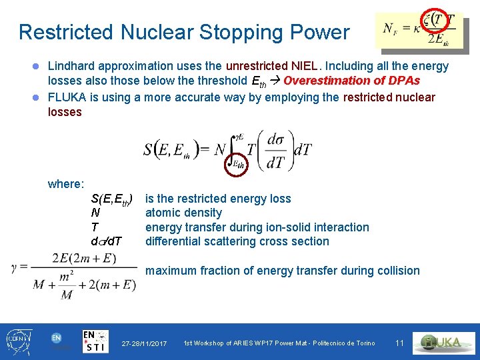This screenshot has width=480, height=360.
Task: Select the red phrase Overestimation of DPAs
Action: tap(351, 81)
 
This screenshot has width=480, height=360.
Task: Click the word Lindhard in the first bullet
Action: tap(71, 66)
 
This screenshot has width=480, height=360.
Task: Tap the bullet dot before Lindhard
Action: tap(38, 67)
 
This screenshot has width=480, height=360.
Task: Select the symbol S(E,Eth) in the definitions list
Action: tap(111, 199)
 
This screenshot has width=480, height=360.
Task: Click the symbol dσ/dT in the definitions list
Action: tap(106, 241)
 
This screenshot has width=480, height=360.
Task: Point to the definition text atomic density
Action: tap(183, 213)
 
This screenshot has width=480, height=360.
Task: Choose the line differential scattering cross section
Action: tap(237, 241)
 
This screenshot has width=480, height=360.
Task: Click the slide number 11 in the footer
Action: tap(399, 343)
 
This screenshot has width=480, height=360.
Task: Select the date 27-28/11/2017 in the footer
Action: tap(144, 343)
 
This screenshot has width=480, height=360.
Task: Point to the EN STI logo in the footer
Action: tap(96, 341)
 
